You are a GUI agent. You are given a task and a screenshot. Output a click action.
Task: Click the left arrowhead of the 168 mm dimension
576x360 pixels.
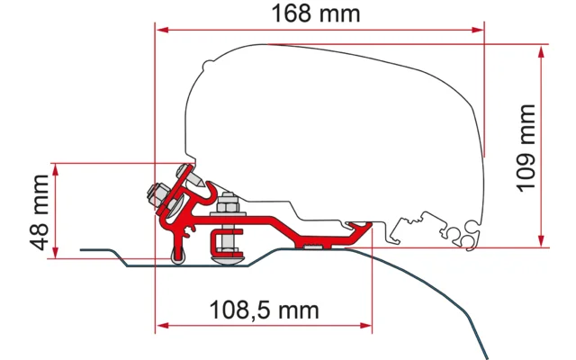point(162,29)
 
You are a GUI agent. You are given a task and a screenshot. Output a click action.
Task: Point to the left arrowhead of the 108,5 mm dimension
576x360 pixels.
point(162,327)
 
